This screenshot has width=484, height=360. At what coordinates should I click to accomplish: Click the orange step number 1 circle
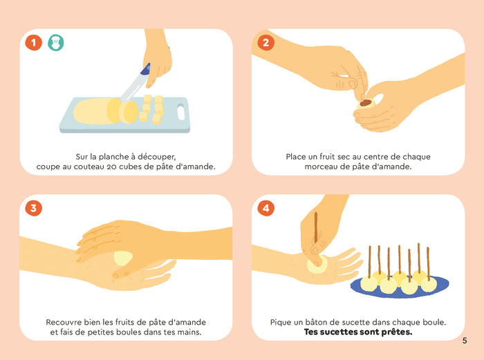click(x=34, y=43)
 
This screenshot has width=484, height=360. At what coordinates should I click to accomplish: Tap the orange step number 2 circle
click(x=265, y=43)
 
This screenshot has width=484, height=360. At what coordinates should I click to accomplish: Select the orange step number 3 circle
click(x=34, y=208)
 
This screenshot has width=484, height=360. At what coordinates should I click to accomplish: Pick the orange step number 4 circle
click(x=265, y=208)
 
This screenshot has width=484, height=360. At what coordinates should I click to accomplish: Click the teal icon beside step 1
click(x=55, y=43)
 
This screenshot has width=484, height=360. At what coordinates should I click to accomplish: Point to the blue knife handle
click(x=145, y=69)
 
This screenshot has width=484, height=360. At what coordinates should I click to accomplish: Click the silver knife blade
click(x=131, y=87)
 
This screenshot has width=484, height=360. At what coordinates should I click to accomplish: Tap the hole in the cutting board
click(x=181, y=111)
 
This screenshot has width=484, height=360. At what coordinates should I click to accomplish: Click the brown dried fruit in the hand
click(x=365, y=103)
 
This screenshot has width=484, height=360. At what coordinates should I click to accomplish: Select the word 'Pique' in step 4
click(x=282, y=322)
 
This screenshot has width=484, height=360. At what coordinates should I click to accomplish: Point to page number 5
click(x=465, y=340)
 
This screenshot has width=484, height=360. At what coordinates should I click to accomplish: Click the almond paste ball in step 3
click(x=122, y=258)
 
